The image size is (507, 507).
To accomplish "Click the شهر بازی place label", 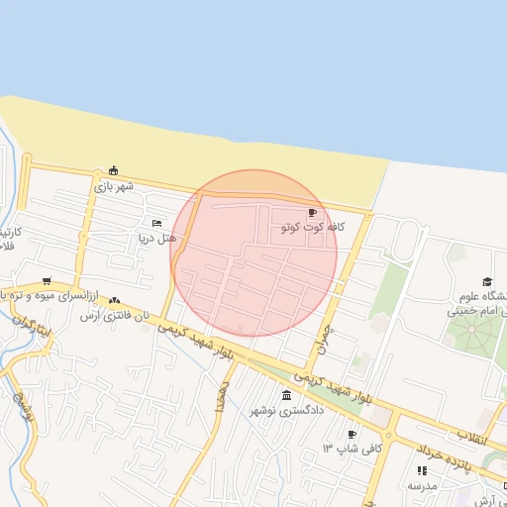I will click(x=114, y=185).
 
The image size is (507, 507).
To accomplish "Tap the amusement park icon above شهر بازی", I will click(x=114, y=169).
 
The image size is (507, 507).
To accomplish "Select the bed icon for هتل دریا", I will click(x=156, y=223).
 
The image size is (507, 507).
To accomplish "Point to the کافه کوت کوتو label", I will click(x=313, y=228).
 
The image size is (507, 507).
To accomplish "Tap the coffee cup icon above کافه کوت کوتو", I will click(x=313, y=213).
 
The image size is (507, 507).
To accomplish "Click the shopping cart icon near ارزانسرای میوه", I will click(x=47, y=281).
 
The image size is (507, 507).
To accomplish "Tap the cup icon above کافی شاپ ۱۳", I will click(x=352, y=434).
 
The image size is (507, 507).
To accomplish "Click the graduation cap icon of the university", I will click(x=486, y=282).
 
